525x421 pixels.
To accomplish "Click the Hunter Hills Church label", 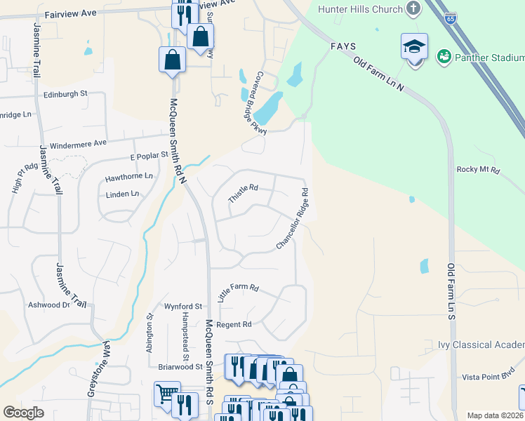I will pyautogui.click(x=361, y=9).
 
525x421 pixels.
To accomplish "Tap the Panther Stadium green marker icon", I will pyautogui.click(x=444, y=55).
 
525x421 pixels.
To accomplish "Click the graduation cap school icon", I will pyautogui.click(x=414, y=47).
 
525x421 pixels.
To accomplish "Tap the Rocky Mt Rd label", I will pyautogui.click(x=478, y=169).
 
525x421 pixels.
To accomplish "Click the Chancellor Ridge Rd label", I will pyautogui.click(x=292, y=218).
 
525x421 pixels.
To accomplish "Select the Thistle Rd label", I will pyautogui.click(x=244, y=194).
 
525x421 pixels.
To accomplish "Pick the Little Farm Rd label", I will pyautogui.click(x=239, y=293).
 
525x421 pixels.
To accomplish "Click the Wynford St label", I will pyautogui.click(x=183, y=307).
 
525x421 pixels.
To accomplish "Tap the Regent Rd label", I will pyautogui.click(x=234, y=324).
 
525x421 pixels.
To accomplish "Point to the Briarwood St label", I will pyautogui.click(x=180, y=366).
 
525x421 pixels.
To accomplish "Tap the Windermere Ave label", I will pyautogui.click(x=78, y=142).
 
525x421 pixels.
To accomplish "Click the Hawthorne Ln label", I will pyautogui.click(x=128, y=177).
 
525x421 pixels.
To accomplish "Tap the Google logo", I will pyautogui.click(x=24, y=413).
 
